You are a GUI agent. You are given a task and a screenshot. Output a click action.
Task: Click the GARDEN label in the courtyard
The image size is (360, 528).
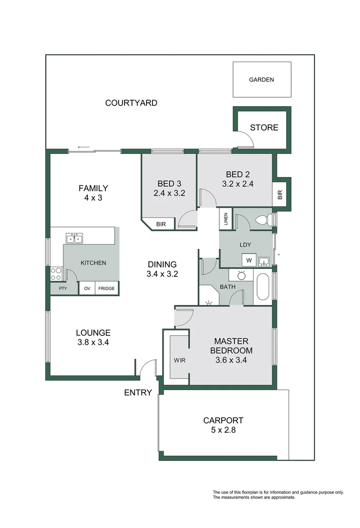pyautogui.click(x=261, y=80)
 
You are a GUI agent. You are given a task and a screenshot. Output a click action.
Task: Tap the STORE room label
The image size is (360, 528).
pyautogui.click(x=264, y=128)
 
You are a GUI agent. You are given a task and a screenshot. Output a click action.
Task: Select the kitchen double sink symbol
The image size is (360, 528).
pyautogui.click(x=75, y=239)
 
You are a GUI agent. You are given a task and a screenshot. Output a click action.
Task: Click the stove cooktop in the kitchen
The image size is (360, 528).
pyautogui.click(x=56, y=274)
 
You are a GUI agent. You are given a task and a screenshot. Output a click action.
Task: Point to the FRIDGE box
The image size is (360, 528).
pyautogui.click(x=106, y=288)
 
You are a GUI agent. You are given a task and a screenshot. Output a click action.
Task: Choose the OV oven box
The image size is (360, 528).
pyautogui.click(x=86, y=288)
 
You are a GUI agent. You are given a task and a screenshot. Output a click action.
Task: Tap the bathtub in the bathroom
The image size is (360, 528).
pyautogui.click(x=262, y=287)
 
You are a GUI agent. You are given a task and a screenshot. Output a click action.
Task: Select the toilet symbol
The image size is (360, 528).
pyautogui.click(x=264, y=220)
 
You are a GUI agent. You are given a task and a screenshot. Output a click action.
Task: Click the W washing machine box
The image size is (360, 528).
pyautogui.click(x=249, y=260)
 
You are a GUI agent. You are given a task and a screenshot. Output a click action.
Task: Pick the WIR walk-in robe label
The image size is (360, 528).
pyautogui.click(x=179, y=360)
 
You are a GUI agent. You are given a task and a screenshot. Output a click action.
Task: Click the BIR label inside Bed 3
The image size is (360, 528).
pyautogui.click(x=161, y=224)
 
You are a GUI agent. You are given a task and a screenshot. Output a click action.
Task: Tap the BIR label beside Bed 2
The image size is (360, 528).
pyautogui.click(x=280, y=195)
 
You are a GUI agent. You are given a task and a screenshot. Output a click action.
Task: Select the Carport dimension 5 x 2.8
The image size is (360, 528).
pyautogui.click(x=223, y=431)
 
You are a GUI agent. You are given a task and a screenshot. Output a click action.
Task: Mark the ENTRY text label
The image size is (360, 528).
pyautogui.click(x=138, y=393)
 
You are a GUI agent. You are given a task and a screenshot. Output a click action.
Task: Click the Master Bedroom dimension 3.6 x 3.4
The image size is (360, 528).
pyautogui.click(x=231, y=361)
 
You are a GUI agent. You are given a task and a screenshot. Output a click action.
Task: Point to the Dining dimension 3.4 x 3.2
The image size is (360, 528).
pyautogui.click(x=162, y=274)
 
